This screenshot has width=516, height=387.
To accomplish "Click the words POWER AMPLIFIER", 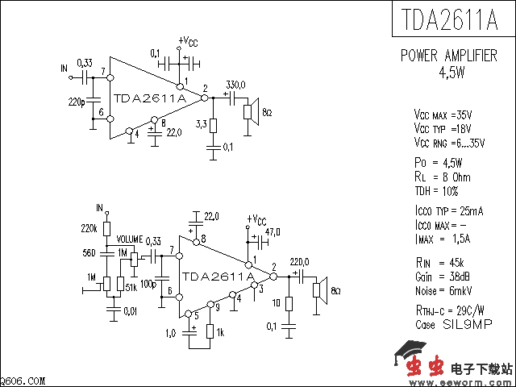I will [x=449, y=56].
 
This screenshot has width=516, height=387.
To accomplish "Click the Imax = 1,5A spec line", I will [x=441, y=238].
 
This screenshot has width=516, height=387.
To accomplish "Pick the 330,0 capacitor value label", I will [x=235, y=85].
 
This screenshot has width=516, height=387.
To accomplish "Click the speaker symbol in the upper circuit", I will [x=251, y=113].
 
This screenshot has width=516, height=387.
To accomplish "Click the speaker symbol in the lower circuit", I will [x=319, y=290].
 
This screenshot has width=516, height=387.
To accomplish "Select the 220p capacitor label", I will [x=77, y=103].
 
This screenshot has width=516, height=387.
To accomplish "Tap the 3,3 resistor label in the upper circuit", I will [x=202, y=124].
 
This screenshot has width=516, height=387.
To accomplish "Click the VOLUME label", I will [x=129, y=240].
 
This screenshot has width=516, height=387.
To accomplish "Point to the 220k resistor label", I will [x=89, y=228].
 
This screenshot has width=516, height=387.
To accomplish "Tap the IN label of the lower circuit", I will [x=100, y=207].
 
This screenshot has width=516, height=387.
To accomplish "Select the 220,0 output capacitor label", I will [x=299, y=261].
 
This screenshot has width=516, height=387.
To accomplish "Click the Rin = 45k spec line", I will [x=439, y=263].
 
